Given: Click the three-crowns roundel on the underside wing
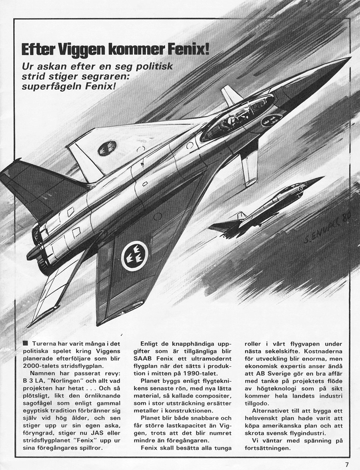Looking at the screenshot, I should (x=134, y=256).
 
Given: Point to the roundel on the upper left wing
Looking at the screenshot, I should (x=107, y=148).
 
